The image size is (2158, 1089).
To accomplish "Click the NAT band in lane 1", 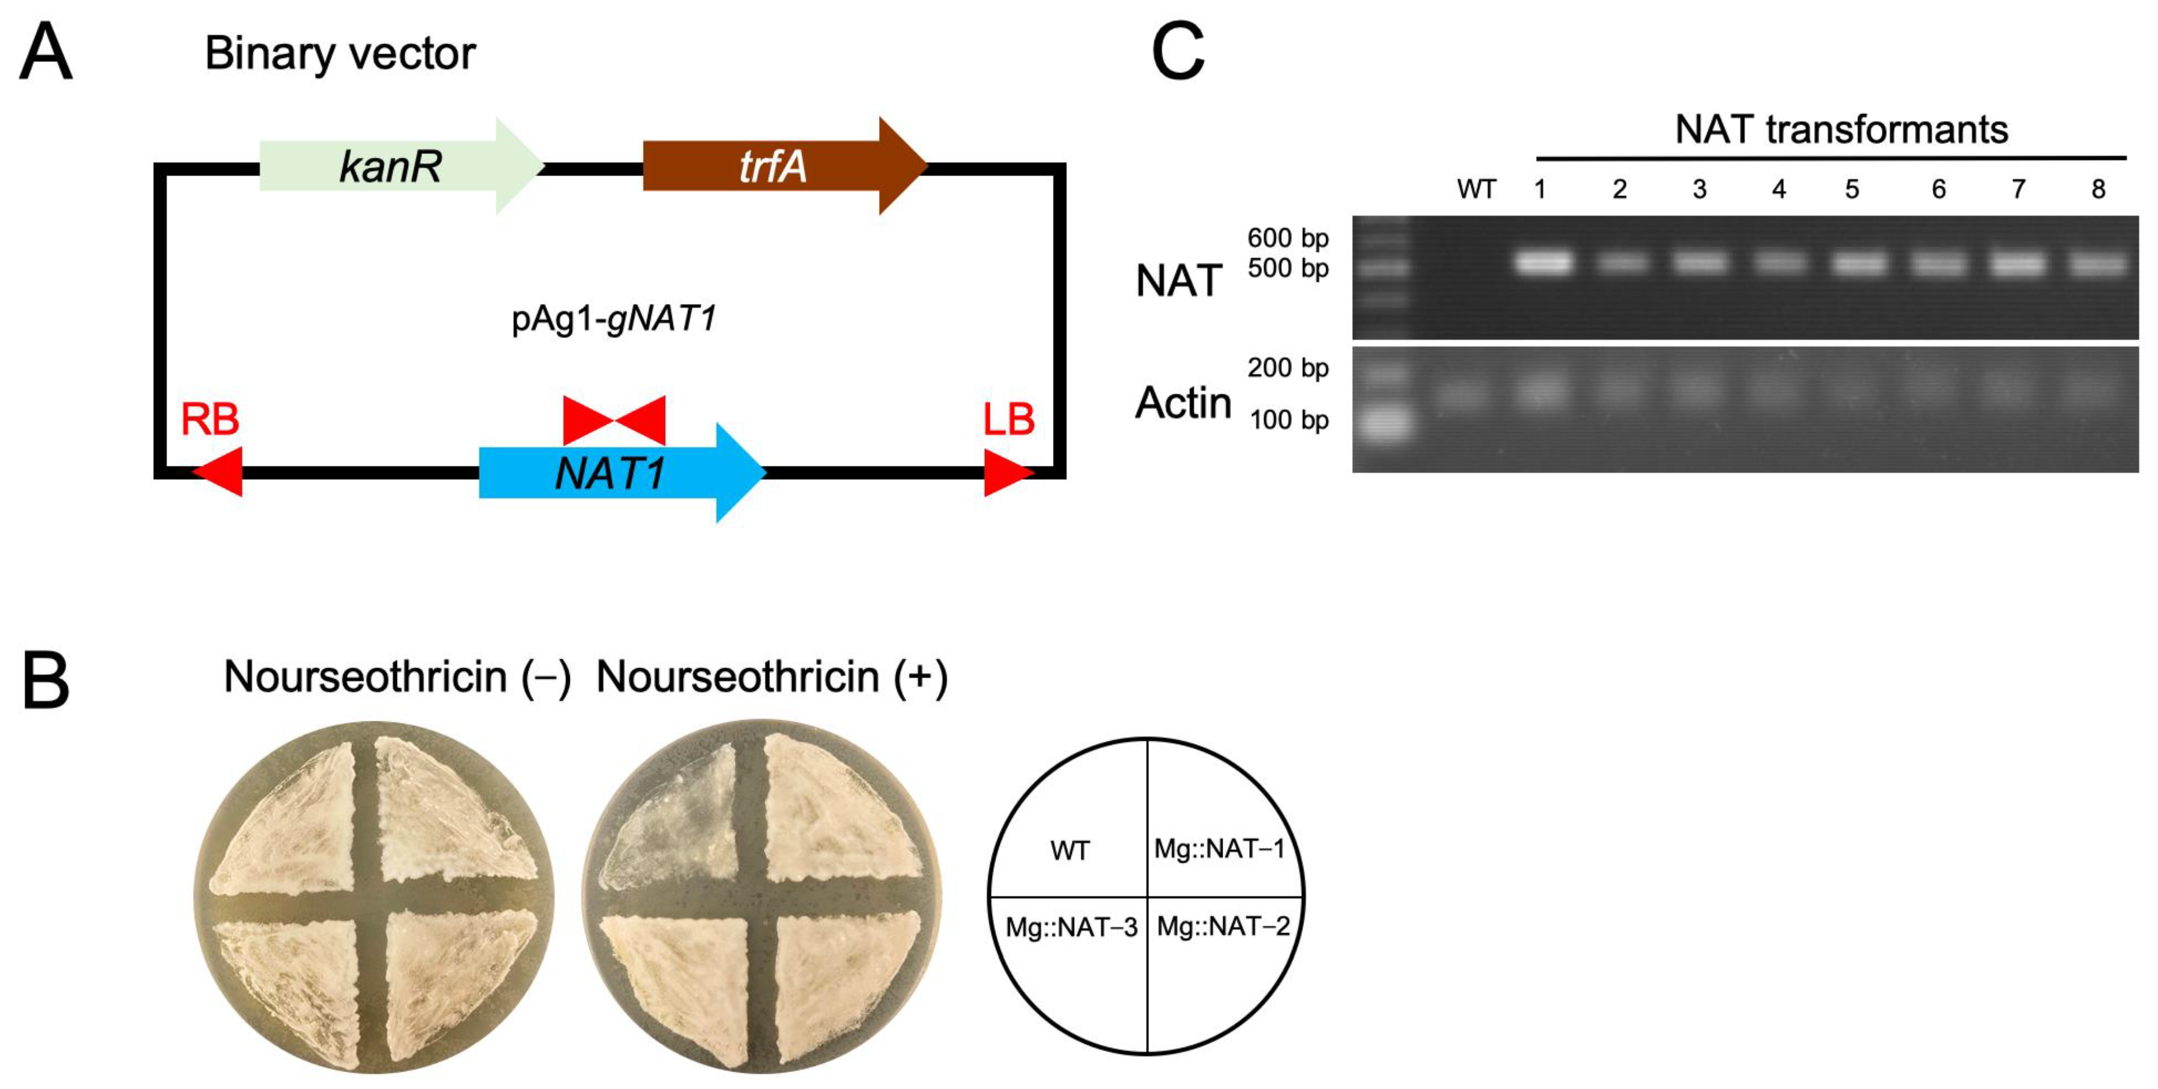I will tap(1542, 263).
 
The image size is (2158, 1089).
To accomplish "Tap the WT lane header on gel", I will tap(1476, 190).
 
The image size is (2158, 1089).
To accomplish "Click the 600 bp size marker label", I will tap(1288, 238).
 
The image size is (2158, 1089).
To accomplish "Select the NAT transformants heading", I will tap(1841, 130).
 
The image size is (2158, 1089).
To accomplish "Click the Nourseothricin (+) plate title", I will tap(772, 676).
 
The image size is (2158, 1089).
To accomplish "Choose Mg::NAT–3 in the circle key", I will tap(1071, 926).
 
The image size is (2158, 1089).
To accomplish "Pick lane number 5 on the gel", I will tap(1851, 190).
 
